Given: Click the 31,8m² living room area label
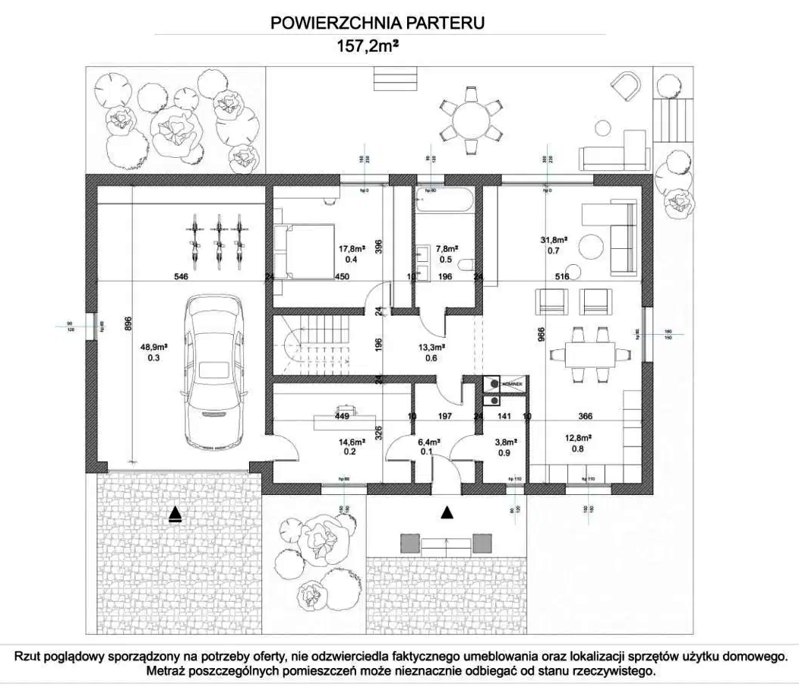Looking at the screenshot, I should (x=554, y=241).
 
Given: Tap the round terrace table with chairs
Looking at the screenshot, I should (x=471, y=118).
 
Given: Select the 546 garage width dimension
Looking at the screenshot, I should (x=181, y=277).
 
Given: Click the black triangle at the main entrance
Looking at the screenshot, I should (x=447, y=514).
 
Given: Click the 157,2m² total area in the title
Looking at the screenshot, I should (x=368, y=46).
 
